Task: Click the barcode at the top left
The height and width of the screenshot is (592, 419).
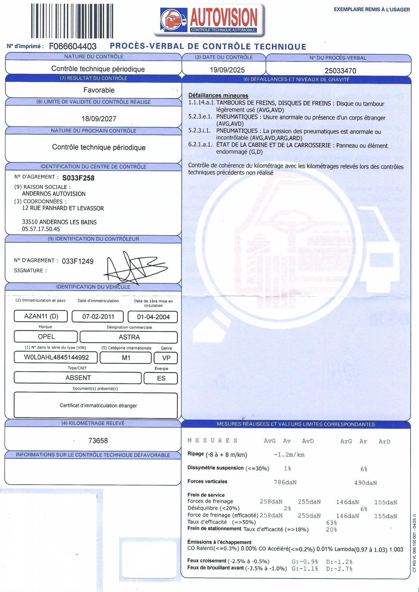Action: coord(72,21)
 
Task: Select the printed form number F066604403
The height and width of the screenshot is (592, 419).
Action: coord(73,46)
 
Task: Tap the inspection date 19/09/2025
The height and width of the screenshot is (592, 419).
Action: coord(227,70)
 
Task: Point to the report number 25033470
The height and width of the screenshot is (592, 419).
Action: coord(340,71)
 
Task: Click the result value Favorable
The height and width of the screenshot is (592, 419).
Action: coord(99,90)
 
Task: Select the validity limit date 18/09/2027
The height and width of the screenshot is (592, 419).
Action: coord(99,119)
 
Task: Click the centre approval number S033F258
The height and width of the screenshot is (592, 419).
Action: coord(78,178)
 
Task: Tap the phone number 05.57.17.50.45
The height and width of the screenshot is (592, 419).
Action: coord(41,229)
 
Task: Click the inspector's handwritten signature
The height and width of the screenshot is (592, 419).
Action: coord(133,269)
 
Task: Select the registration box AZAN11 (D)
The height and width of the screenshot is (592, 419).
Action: coord(41,316)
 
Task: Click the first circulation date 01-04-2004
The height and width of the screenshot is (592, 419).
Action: coord(153,317)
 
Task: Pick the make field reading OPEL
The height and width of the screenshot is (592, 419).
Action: coord(46,337)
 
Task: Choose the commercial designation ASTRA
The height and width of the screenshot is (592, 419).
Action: coord(129,337)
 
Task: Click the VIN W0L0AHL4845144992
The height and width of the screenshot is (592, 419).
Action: coord(56,357)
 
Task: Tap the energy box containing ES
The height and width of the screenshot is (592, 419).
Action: coord(161,378)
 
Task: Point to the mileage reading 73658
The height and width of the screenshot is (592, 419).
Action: coord(98,441)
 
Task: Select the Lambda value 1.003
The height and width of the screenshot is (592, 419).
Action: coord(396,549)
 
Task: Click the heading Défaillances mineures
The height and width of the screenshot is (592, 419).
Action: coord(218,96)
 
